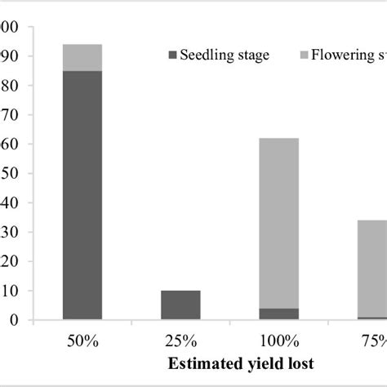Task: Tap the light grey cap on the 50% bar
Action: pos(82,57)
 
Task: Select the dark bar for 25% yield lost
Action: pos(180,305)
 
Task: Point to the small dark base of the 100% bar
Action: pos(278,314)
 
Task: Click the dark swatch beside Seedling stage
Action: pos(172,56)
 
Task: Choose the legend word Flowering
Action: pos(352,56)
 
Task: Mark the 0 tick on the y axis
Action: pos(14,320)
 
